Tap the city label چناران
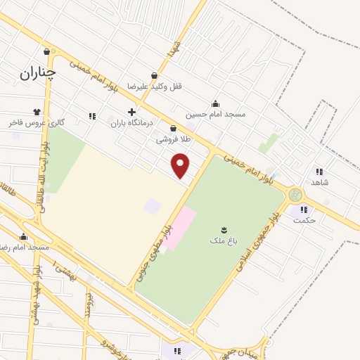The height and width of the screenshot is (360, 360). pyautogui.click(x=38, y=72)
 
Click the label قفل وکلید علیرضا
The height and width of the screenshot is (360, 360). pyautogui.click(x=155, y=86)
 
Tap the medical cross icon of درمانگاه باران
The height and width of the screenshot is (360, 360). pyautogui.click(x=131, y=112)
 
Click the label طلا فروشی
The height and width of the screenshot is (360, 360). pyautogui.click(x=173, y=139)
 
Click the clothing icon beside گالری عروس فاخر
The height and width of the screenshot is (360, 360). pyautogui.click(x=37, y=111)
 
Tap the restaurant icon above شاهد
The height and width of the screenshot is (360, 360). pyautogui.click(x=319, y=171)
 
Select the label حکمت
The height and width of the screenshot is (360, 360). pyautogui.click(x=305, y=220)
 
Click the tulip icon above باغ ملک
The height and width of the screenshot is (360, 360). pyautogui.click(x=224, y=230)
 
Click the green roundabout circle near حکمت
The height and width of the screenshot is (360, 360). pyautogui.click(x=296, y=195)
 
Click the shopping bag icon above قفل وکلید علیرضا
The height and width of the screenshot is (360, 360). pyautogui.click(x=155, y=75)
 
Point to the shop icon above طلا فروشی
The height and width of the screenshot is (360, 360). pyautogui.click(x=173, y=128)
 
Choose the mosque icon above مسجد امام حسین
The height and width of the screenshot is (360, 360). pyautogui.click(x=215, y=103)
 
